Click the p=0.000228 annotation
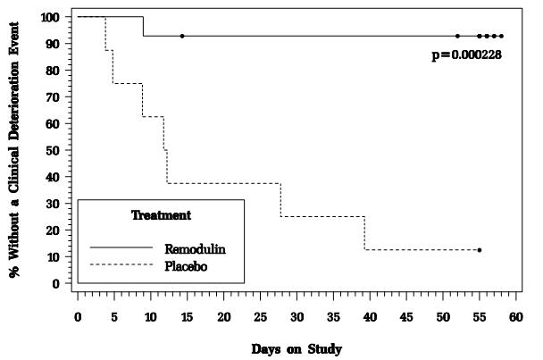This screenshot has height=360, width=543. click(466, 54)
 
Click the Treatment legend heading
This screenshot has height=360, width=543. click(161, 215)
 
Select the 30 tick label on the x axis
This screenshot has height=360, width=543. click(297, 318)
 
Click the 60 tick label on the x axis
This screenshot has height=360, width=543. click(516, 318)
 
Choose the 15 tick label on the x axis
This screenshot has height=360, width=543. click(187, 318)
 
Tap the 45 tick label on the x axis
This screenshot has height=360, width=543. click(406, 318)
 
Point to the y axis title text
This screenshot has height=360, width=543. click(15, 150)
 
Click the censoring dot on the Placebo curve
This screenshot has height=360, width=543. click(480, 250)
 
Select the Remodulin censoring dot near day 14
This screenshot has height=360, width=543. click(182, 36)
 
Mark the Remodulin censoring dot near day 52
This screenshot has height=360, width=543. click(457, 36)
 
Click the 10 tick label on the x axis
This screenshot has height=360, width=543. click(150, 318)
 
